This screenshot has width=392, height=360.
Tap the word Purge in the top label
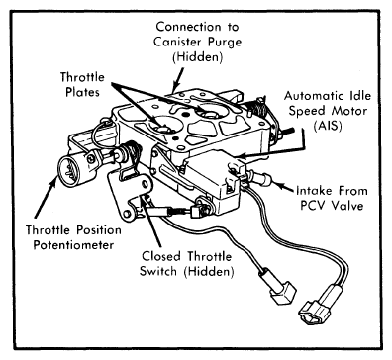point(225,43)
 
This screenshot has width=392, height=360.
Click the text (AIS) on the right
point(328,126)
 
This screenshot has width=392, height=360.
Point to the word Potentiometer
point(73,245)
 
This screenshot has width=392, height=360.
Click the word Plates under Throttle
point(82,92)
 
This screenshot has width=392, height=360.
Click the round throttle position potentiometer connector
point(69,168)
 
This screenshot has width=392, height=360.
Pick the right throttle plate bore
point(212,111)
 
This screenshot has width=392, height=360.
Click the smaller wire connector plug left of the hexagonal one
point(282,291)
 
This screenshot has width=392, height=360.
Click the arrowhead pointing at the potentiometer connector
point(53,182)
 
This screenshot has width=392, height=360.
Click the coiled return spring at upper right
point(257,108)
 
